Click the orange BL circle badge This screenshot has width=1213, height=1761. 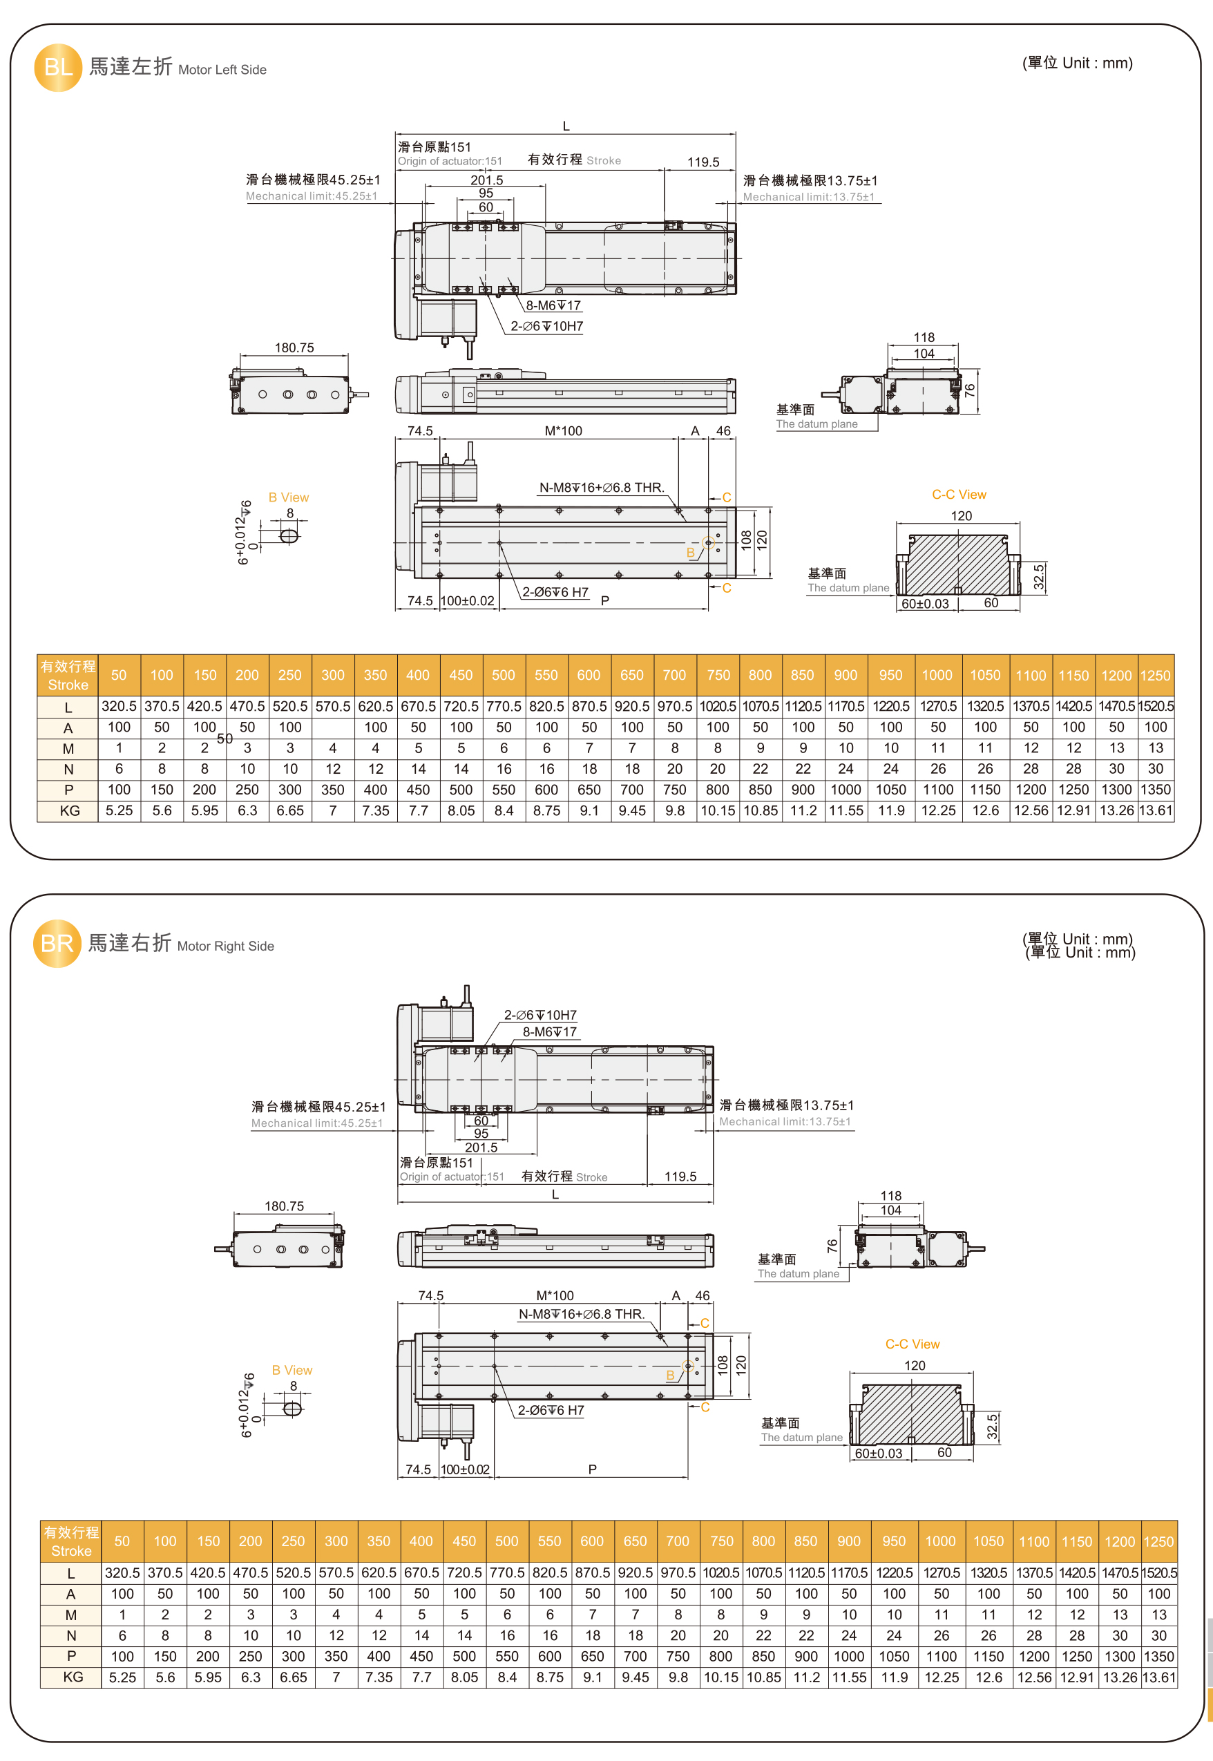(58, 68)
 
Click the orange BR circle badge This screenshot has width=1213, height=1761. (57, 943)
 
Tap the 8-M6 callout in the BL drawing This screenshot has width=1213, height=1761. (553, 305)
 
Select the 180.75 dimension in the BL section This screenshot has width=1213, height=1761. (294, 348)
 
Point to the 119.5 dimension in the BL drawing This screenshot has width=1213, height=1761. (703, 162)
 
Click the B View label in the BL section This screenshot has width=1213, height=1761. (289, 498)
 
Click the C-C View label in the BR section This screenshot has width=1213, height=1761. (912, 1344)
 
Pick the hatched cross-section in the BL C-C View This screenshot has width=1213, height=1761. (957, 565)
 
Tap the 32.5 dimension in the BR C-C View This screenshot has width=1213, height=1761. (991, 1427)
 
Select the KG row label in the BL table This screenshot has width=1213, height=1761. (69, 811)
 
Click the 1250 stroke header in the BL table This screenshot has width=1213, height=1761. (1155, 676)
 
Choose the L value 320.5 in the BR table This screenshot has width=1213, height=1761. (122, 1572)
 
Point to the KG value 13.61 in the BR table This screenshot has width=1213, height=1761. (1159, 1677)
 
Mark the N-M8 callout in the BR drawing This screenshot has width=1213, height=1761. (582, 1314)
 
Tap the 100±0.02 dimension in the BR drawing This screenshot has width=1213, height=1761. (465, 1469)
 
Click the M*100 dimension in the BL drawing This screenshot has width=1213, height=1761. (563, 431)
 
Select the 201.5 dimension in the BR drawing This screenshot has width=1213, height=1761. (481, 1148)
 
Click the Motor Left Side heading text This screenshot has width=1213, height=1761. (222, 70)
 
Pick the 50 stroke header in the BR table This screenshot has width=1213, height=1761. (122, 1541)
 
